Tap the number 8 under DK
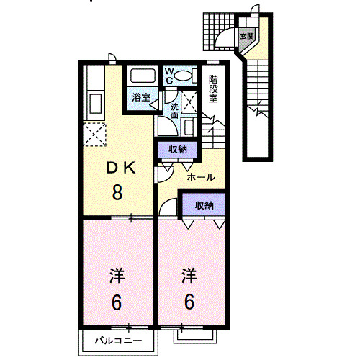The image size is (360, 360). [117, 192]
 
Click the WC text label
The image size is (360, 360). [168, 76]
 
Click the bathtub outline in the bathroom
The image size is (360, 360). [141, 76]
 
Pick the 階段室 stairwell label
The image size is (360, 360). [214, 89]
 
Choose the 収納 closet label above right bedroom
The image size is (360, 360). [204, 205]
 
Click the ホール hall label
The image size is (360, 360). [201, 176]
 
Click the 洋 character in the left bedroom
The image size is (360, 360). [117, 275]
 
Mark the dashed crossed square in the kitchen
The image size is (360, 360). [95, 135]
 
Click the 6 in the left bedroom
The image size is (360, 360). [117, 302]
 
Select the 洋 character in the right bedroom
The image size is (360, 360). [189, 275]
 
